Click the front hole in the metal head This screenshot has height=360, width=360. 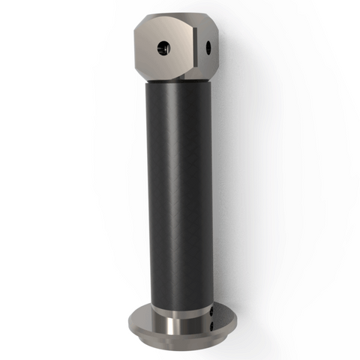163,49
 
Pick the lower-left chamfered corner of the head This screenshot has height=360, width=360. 142,72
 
